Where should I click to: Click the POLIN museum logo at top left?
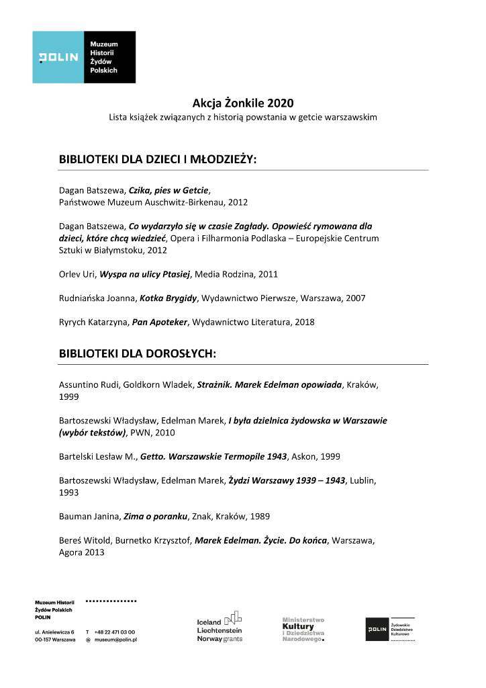tap(85, 57)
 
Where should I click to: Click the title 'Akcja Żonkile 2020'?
tap(243, 103)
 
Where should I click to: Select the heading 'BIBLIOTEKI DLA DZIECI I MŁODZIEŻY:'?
tap(158, 161)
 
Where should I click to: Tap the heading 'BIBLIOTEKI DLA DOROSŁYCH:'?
tap(137, 353)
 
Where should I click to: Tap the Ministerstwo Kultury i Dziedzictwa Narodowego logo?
tap(303, 629)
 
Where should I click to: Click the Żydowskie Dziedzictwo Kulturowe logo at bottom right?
tap(390, 630)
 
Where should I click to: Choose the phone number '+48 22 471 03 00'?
tap(115, 632)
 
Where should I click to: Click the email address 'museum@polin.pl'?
tap(119, 641)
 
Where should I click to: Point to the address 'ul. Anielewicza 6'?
tap(55, 632)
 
